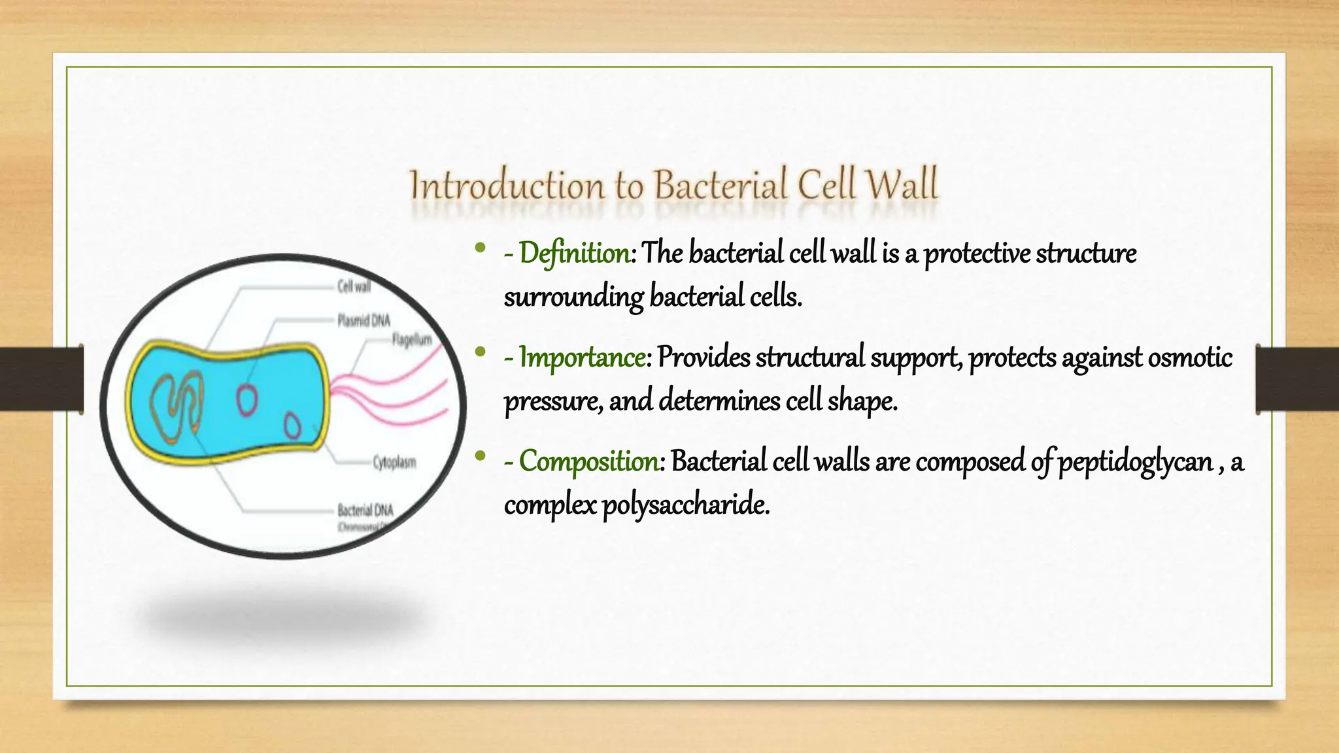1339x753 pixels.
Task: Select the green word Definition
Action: tap(575, 254)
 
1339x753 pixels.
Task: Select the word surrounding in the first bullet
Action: tap(573, 297)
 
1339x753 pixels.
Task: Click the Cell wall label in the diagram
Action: tap(354, 286)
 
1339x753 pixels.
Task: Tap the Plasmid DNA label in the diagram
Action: tap(364, 320)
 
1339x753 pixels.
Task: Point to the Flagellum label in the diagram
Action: tap(412, 340)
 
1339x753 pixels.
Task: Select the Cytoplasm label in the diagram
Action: tap(394, 463)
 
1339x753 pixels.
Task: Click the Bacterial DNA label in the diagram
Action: tap(365, 510)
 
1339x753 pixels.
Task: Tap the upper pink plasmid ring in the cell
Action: tap(246, 400)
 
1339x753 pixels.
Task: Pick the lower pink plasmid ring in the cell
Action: tap(292, 426)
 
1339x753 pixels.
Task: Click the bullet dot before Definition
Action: tap(481, 248)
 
